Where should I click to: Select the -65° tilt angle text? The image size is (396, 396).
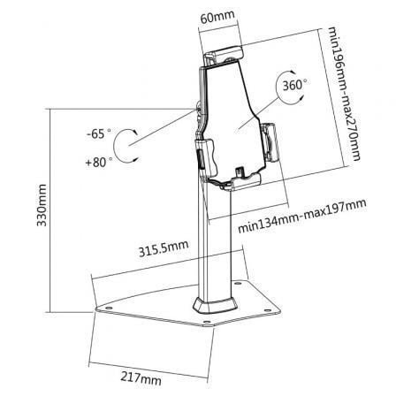(x=98, y=134)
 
